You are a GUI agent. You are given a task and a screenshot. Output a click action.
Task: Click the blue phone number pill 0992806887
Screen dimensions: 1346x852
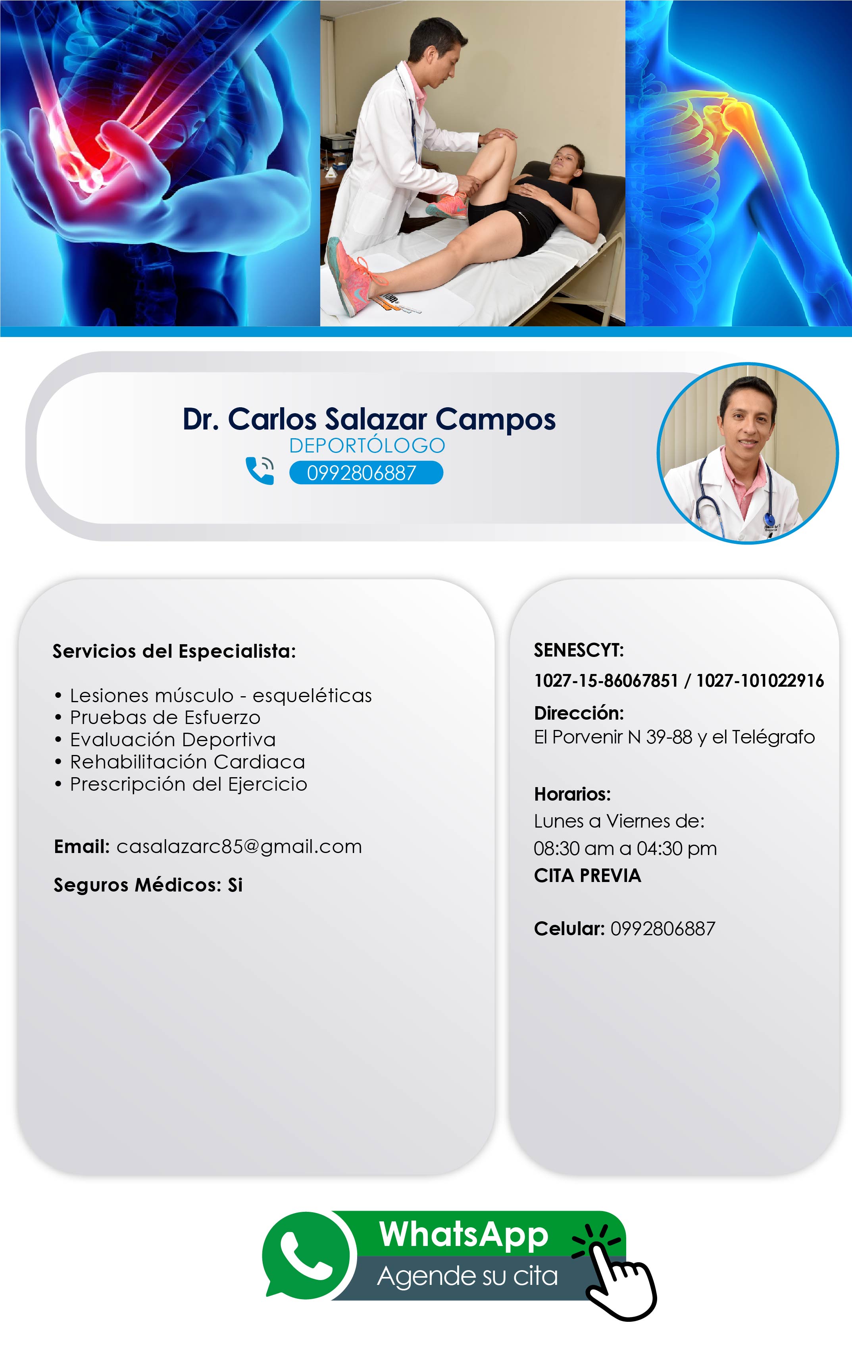[366, 473]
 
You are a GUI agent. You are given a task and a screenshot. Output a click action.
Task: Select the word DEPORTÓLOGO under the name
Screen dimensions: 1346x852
[367, 445]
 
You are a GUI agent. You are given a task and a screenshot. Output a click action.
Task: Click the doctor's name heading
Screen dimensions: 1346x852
[369, 419]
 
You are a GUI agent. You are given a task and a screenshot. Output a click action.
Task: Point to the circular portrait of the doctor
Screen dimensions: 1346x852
[748, 453]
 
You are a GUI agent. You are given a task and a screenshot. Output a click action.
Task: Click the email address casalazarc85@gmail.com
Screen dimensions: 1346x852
[239, 847]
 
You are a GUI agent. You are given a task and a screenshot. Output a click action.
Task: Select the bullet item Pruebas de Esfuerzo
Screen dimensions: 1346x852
[165, 717]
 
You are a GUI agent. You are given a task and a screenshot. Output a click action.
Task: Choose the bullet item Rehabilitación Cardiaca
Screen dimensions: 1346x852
[187, 762]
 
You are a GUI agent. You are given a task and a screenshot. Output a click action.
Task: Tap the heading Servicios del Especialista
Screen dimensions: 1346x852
[174, 651]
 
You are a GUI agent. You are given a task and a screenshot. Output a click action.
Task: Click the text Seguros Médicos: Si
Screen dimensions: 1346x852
[148, 885]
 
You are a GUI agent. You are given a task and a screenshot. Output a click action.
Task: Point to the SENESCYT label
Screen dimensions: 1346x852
[579, 650]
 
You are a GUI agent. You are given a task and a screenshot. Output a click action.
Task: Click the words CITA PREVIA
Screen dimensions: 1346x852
[587, 875]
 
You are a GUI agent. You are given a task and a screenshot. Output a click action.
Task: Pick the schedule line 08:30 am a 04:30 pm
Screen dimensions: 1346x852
[625, 849]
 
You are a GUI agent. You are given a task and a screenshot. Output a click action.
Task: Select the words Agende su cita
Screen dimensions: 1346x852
[467, 1276]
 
